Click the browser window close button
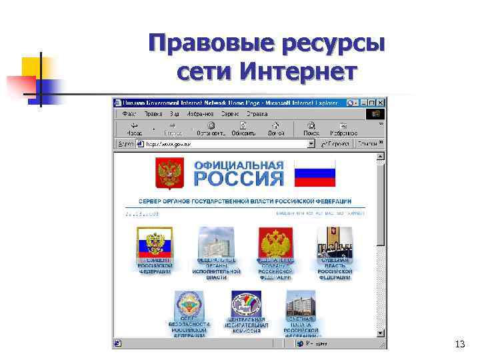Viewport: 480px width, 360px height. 381,103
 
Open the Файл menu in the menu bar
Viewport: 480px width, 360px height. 125,114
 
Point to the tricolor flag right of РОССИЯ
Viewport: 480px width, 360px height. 315,173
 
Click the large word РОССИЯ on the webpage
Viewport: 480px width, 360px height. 239,178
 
